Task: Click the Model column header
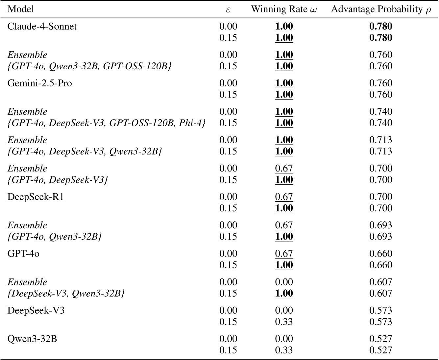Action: (21, 9)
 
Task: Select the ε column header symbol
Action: (228, 10)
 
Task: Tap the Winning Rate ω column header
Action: (284, 9)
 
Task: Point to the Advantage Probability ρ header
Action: (380, 9)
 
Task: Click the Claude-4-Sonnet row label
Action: (42, 26)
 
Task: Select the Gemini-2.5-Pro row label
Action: (39, 83)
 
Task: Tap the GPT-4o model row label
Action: (23, 254)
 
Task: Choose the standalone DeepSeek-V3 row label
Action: (36, 310)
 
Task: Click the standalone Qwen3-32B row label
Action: (32, 339)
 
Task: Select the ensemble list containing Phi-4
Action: (107, 123)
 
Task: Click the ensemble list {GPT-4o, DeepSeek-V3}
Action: (58, 180)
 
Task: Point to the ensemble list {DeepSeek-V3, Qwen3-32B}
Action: (66, 293)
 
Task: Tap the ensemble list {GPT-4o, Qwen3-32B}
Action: (54, 236)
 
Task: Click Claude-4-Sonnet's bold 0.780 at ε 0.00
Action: (380, 26)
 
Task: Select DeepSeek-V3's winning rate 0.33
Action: (284, 322)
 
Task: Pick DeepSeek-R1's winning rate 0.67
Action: (284, 197)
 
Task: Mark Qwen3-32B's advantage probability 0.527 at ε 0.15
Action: (380, 350)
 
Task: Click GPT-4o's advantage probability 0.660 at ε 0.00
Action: (380, 254)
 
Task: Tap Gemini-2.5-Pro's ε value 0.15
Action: (228, 94)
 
